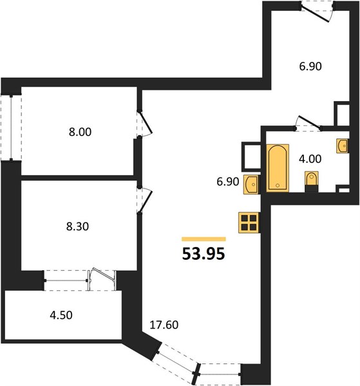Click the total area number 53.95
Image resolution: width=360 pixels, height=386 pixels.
pos(204,254)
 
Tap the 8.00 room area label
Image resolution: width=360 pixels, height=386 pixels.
pos(80,132)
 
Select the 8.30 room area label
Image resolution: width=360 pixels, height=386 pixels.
pos(77,226)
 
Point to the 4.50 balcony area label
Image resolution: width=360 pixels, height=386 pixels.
pos(61,315)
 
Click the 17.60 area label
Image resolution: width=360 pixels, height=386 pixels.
pos(164,325)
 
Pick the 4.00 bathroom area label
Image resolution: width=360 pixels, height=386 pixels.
pos(310,159)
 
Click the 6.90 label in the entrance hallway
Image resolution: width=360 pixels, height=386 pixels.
pos(310,66)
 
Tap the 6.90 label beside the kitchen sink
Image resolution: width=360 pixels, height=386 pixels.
pos(228,181)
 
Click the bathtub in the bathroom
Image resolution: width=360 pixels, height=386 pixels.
pos(278,168)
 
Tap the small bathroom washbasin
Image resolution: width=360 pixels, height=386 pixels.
pos(342,146)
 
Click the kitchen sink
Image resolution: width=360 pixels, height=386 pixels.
pos(251,185)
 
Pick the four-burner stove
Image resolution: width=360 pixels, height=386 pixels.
pos(249,223)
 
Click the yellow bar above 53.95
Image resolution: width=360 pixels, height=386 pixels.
pos(204,239)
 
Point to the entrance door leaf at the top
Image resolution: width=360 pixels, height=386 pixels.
pos(315,13)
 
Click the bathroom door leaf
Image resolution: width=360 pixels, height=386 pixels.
pos(310,122)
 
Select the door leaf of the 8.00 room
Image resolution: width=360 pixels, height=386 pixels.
pos(146,123)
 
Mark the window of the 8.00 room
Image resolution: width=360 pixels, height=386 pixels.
pos(11,128)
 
